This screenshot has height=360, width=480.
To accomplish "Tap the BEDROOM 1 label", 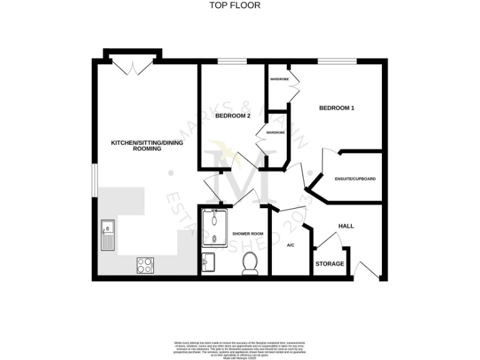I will coord(337,108).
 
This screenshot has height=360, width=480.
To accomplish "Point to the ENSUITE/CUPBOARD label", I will coord(355,179).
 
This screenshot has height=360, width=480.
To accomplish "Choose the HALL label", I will coord(346,226).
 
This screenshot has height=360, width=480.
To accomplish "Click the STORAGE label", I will coord(329,264).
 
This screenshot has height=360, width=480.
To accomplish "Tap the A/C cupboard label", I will coord(291,246).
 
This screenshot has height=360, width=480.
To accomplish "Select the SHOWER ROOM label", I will coord(246,234).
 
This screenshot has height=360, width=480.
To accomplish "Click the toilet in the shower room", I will coord(250,264).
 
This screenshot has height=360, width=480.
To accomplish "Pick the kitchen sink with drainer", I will coord(107,235).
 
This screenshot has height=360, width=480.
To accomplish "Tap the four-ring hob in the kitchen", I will coord(144,265).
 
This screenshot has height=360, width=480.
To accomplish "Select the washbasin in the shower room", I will coord(209,261).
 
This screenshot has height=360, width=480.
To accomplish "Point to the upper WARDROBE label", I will coord(278,80).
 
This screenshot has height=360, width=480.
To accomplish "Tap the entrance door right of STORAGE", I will coord(361,270).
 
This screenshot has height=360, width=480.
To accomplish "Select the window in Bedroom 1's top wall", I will coord(336,61).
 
